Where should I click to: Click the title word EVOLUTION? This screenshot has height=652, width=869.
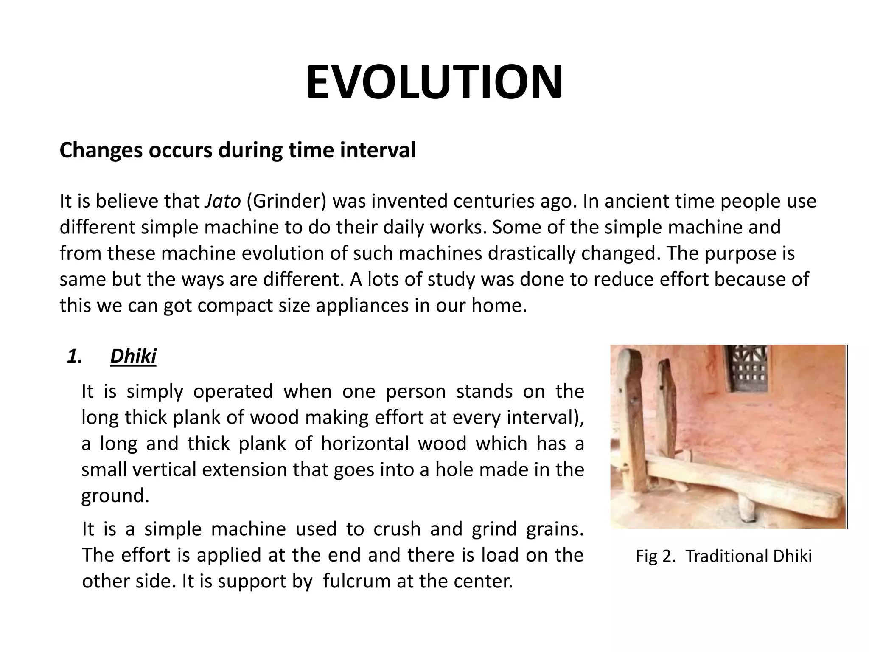coord(434,82)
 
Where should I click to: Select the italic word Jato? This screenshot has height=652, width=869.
coord(223,201)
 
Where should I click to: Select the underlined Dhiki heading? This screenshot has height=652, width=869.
coord(133,356)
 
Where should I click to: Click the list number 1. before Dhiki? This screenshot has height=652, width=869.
coord(75,357)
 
